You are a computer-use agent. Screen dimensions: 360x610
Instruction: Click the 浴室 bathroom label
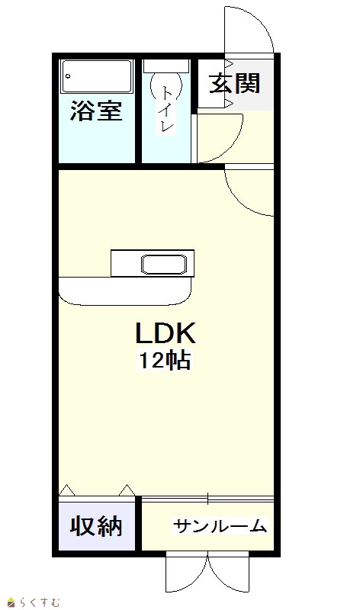click(x=96, y=111)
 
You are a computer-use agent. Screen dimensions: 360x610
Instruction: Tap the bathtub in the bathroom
click(x=97, y=76)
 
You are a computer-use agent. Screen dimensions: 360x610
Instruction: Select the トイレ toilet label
click(x=167, y=109)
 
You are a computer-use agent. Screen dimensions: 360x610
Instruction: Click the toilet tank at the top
click(x=166, y=66)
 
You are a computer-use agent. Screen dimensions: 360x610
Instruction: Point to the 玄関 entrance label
click(x=234, y=83)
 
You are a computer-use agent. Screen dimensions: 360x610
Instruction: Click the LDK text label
click(x=165, y=333)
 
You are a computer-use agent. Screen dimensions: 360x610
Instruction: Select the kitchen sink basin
click(x=163, y=265)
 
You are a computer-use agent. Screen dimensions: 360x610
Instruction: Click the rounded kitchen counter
click(x=125, y=291)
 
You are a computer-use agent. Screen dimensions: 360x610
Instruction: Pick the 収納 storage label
click(x=96, y=526)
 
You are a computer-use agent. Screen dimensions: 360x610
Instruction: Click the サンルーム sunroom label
click(x=220, y=526)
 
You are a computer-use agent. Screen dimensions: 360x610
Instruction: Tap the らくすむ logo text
click(x=38, y=602)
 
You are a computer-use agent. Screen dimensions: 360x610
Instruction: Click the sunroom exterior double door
click(x=207, y=572)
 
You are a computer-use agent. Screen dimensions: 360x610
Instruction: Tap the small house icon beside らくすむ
click(x=11, y=602)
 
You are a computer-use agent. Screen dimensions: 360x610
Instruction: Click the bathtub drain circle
click(x=68, y=76)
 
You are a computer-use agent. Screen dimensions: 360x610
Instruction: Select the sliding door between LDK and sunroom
click(x=207, y=499)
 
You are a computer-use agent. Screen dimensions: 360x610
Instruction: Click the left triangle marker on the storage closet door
click(x=66, y=490)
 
